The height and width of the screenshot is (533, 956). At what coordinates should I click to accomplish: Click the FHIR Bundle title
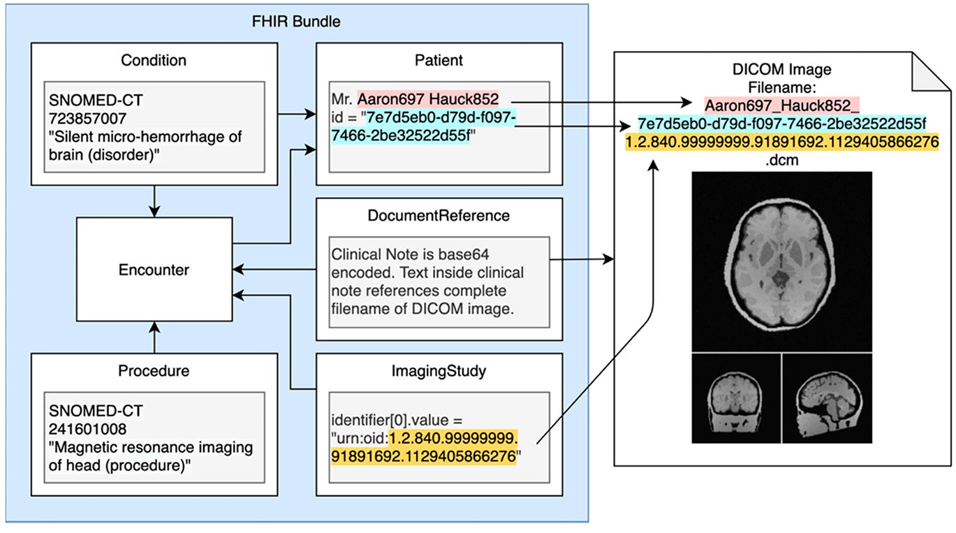[296, 22]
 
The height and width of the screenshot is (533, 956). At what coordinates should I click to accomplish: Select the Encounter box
[154, 269]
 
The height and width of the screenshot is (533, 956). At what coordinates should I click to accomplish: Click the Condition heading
[154, 60]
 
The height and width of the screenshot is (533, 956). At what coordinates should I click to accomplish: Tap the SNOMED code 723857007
[87, 118]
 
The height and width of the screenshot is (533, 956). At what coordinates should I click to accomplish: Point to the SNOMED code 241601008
[87, 429]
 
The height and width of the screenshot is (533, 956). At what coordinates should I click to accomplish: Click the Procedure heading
[154, 371]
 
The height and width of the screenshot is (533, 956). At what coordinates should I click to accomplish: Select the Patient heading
[439, 60]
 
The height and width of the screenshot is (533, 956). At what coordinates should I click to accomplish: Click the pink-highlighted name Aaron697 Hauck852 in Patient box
[427, 99]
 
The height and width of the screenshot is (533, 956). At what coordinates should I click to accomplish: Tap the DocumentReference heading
[439, 216]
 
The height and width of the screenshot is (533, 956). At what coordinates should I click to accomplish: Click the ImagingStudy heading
[439, 371]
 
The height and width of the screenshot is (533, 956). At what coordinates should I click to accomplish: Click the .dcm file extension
[782, 160]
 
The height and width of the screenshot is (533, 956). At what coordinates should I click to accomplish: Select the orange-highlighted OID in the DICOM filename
[782, 142]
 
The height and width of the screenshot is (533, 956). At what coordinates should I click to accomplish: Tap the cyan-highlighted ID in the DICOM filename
[782, 124]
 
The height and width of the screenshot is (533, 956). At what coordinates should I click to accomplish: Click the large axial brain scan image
[782, 262]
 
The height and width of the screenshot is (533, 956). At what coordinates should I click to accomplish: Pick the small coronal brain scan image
[736, 398]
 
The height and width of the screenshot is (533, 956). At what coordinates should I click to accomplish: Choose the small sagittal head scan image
[828, 398]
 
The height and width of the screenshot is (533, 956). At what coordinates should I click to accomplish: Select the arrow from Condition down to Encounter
[154, 201]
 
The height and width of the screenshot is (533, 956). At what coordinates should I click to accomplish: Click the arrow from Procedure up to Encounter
[154, 337]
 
